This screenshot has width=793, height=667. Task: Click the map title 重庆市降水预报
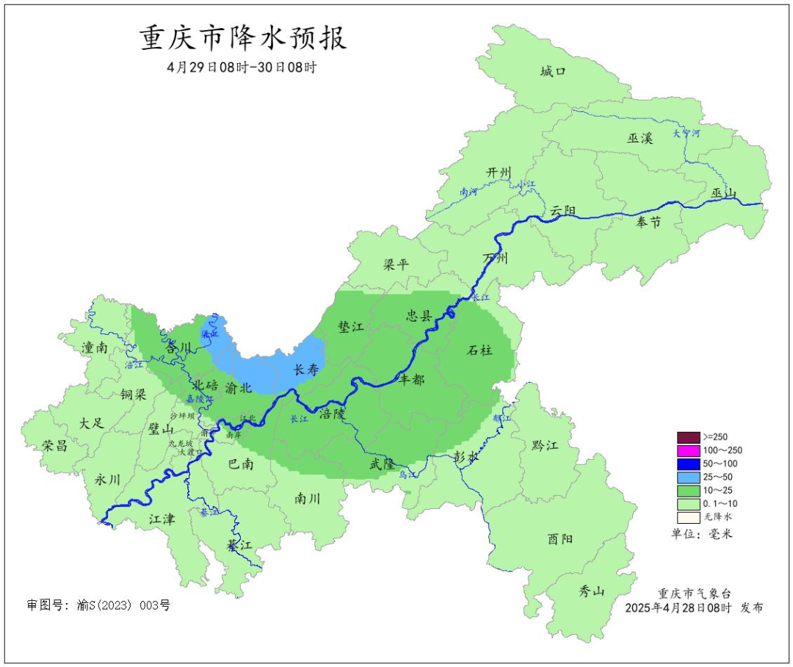click(x=243, y=38)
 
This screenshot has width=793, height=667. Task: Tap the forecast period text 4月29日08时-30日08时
click(x=242, y=67)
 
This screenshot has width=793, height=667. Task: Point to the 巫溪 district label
click(x=640, y=137)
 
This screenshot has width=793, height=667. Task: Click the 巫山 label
click(x=724, y=193)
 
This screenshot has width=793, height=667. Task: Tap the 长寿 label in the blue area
click(x=306, y=370)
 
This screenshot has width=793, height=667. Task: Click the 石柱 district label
click(x=480, y=350)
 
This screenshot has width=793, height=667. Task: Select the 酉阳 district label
click(x=560, y=539)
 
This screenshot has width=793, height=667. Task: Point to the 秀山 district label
click(x=590, y=590)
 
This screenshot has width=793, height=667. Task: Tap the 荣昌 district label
click(x=54, y=446)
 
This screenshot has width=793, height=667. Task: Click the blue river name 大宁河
click(x=687, y=134)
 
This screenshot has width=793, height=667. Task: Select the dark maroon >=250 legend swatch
click(x=688, y=436)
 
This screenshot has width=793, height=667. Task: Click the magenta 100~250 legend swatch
click(x=688, y=450)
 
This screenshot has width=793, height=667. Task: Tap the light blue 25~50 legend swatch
click(x=688, y=477)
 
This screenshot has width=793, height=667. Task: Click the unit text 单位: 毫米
click(x=702, y=534)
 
